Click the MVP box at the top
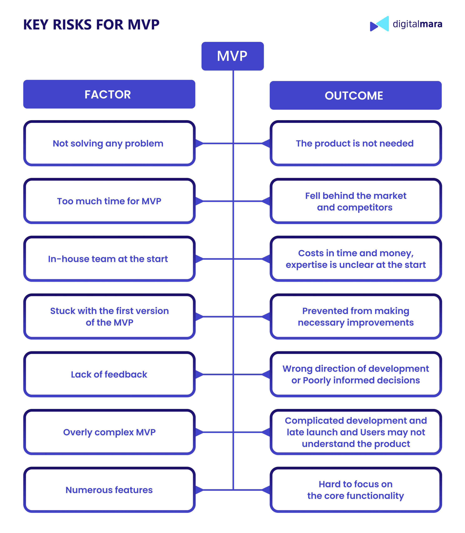coord(232,56)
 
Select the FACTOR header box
coord(109,94)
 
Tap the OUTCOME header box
coord(356,95)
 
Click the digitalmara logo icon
coord(379,24)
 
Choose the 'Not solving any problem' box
coord(109,143)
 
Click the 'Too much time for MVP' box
coord(109,201)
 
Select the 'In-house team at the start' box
coord(109,259)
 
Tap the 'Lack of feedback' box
coord(109,374)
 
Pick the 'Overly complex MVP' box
coord(109,432)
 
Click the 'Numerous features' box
coord(109,490)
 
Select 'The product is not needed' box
coord(356,143)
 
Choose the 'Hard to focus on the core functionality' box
coord(356,490)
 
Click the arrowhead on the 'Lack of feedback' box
coord(199,374)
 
